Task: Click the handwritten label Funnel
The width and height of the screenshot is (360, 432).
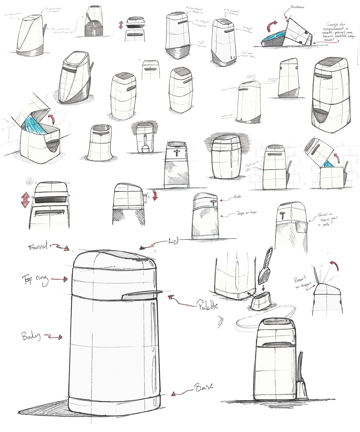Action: point(37,247)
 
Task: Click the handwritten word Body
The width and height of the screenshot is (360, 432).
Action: point(31,336)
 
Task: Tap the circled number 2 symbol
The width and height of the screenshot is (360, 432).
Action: point(29,181)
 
